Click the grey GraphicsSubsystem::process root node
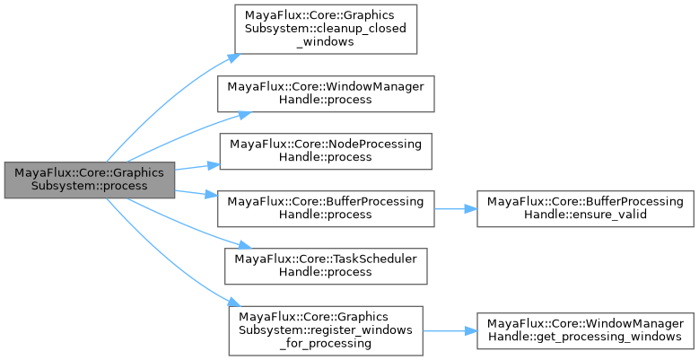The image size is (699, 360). [x=89, y=180]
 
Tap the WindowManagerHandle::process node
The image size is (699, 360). [x=326, y=93]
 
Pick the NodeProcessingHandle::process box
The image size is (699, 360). [x=326, y=150]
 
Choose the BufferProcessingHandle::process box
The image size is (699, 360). [x=326, y=207]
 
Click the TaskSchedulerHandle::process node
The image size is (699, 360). [x=326, y=265]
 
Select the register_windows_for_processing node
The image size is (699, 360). [x=326, y=329]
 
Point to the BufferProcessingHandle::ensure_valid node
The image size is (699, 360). [x=585, y=207]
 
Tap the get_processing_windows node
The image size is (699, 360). [x=585, y=329]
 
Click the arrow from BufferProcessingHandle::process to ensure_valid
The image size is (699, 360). [x=453, y=207]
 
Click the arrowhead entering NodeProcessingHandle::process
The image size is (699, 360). [x=214, y=164]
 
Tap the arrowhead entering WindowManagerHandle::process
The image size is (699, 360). [x=243, y=115]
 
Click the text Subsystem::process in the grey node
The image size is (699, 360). [x=89, y=187]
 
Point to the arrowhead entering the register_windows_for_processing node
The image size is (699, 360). [x=232, y=305]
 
